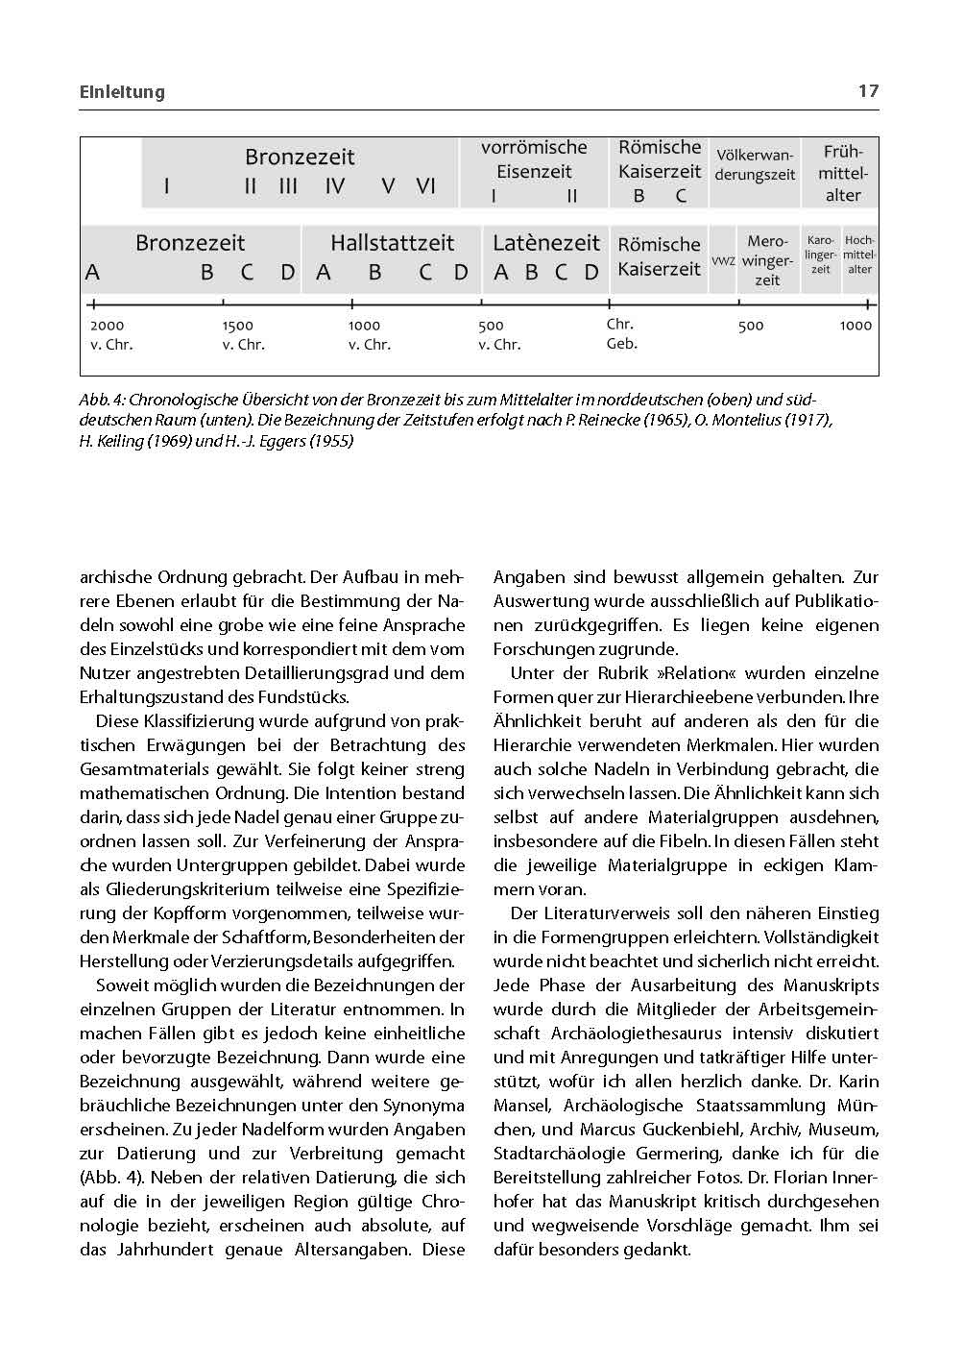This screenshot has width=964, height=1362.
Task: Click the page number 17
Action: tap(867, 91)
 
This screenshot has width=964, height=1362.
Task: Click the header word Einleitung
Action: tap(122, 92)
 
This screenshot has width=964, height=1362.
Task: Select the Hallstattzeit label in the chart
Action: tap(392, 243)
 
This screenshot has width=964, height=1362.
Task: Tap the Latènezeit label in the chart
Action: tap(545, 243)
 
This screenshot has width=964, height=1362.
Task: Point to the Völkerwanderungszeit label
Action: tap(755, 165)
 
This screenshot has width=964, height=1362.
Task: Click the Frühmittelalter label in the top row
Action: tap(842, 174)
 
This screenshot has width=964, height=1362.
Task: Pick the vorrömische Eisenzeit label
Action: tap(534, 159)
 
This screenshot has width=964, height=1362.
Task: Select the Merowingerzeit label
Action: tap(767, 260)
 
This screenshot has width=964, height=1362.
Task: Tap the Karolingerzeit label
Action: tap(820, 255)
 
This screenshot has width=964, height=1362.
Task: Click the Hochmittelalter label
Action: tap(859, 255)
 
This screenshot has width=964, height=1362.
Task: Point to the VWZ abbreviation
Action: tap(723, 261)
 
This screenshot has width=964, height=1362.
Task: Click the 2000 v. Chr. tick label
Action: tap(110, 334)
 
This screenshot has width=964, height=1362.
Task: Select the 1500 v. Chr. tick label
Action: tap(242, 334)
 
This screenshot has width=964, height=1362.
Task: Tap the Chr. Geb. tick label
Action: tap(621, 333)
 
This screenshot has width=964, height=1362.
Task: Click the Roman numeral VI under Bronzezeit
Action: tap(425, 186)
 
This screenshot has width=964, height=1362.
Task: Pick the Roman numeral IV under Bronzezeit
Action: tap(334, 186)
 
